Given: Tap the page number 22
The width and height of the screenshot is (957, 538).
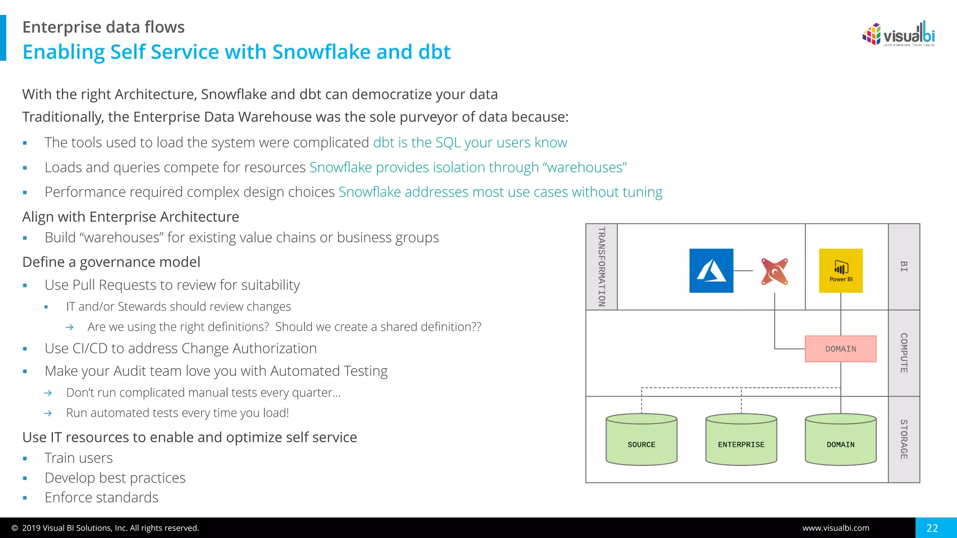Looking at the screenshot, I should pos(932,528).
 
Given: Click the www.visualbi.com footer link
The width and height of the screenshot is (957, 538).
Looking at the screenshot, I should pos(836,528).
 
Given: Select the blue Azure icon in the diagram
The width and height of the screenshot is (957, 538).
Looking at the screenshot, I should pos(711,271).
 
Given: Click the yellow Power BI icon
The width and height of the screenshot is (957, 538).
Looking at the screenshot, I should pos(841,271).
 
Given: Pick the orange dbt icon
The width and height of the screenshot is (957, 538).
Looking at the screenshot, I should pos(774,271).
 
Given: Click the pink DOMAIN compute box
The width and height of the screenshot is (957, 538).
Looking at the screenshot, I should pos(840,349).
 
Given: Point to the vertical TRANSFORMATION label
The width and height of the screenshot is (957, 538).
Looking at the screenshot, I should pos(602,267).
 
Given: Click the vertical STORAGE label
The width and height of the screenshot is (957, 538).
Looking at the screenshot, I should pos(904,439).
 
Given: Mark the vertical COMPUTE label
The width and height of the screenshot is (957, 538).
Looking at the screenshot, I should pos(904,353).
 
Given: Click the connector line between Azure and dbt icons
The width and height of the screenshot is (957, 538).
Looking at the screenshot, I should pos(743,271).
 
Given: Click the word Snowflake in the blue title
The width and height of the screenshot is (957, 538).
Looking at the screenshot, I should pos(322,52).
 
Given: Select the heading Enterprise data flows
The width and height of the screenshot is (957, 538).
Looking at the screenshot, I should pos(103,27).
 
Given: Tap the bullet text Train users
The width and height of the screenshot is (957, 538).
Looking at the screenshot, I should pos(79,458).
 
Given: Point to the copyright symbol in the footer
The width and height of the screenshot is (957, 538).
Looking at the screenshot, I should pos(14,528).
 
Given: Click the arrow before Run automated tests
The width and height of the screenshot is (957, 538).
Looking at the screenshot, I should pos(48,413).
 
